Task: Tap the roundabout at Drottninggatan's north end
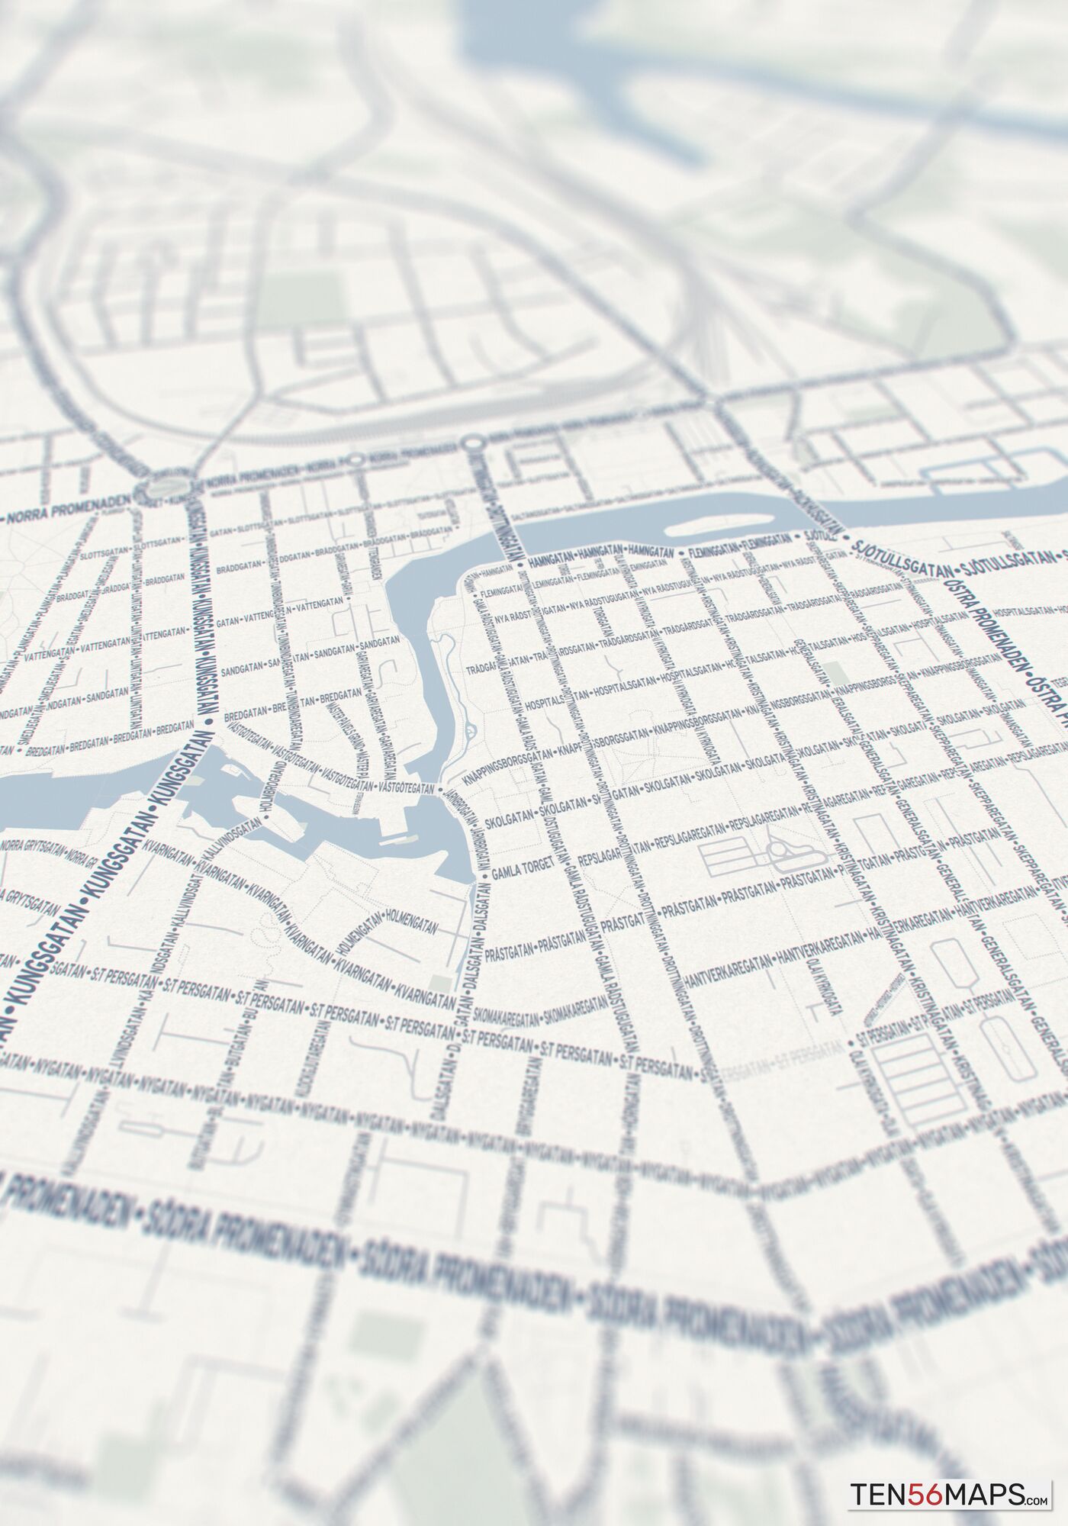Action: click(x=473, y=443)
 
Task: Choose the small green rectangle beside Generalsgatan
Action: click(x=835, y=673)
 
